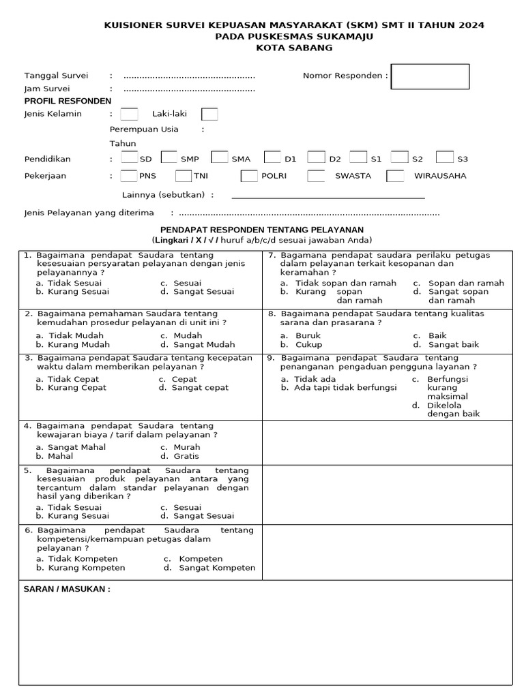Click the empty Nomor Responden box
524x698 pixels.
click(x=430, y=76)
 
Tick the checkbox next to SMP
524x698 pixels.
click(x=169, y=157)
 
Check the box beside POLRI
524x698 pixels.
click(x=249, y=176)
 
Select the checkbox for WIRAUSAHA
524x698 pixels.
click(x=396, y=176)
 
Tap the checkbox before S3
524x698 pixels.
click(x=444, y=157)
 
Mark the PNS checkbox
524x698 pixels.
click(x=128, y=176)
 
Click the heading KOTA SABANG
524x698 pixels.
click(x=294, y=48)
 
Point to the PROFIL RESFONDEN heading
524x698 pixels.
click(x=68, y=101)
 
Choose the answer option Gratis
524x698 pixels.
click(x=186, y=456)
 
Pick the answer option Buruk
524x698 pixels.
click(x=308, y=335)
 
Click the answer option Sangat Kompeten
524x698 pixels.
click(x=216, y=568)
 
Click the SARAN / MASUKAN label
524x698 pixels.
click(x=66, y=589)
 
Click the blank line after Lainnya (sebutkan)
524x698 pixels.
click(x=328, y=196)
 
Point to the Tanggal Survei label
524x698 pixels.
click(x=56, y=76)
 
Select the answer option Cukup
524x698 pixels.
click(x=308, y=344)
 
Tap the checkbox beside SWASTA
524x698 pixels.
click(x=316, y=176)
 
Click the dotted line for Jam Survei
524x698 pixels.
click(x=189, y=89)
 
